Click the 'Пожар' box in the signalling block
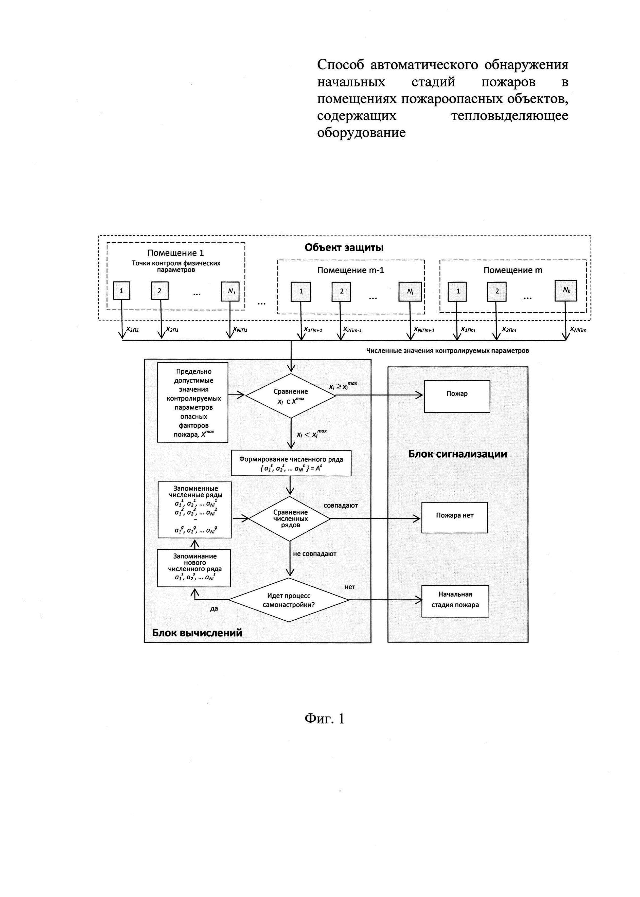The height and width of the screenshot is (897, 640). pyautogui.click(x=457, y=396)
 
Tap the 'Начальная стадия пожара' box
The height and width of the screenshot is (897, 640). pyautogui.click(x=455, y=601)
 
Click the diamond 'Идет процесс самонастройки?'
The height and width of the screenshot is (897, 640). pyautogui.click(x=289, y=600)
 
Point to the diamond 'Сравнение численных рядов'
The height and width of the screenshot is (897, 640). pyautogui.click(x=290, y=518)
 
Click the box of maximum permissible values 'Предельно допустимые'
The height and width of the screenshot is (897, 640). pyautogui.click(x=193, y=402)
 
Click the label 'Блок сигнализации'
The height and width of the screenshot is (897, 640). pyautogui.click(x=457, y=454)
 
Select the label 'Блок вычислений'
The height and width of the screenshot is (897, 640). pyautogui.click(x=197, y=633)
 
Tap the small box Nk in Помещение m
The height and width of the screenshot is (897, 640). pyautogui.click(x=566, y=290)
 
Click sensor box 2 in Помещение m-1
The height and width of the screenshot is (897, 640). pyautogui.click(x=341, y=292)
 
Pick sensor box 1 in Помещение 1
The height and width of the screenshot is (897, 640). pyautogui.click(x=121, y=291)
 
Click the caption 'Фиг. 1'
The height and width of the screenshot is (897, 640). pyautogui.click(x=324, y=719)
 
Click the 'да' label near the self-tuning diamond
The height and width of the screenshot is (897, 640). pyautogui.click(x=214, y=609)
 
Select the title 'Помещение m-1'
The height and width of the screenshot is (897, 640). pyautogui.click(x=350, y=270)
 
